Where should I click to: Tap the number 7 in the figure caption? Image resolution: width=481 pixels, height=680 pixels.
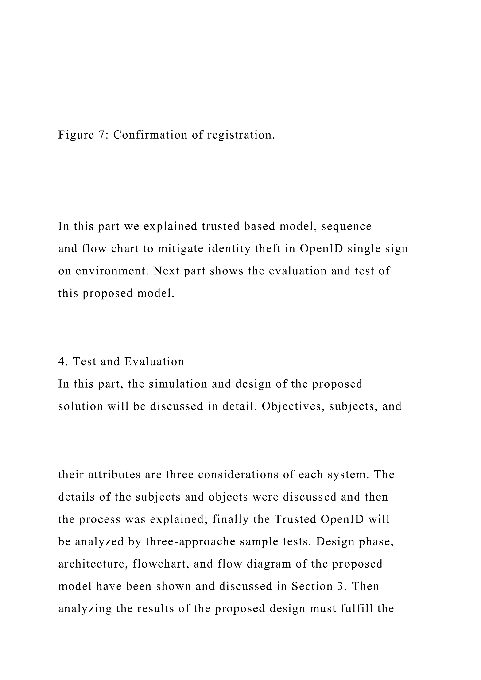click(x=100, y=135)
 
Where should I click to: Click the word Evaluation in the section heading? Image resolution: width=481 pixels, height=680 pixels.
click(x=154, y=362)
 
